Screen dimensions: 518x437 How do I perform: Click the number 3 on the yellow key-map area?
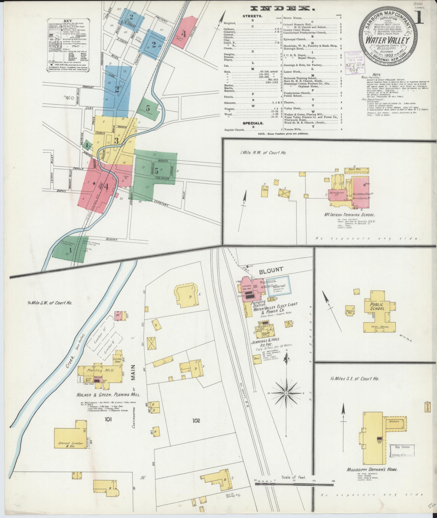tap(116, 141)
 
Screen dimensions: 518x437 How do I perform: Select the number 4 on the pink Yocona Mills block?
tap(184, 34)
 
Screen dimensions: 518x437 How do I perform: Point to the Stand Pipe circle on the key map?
tap(72, 98)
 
